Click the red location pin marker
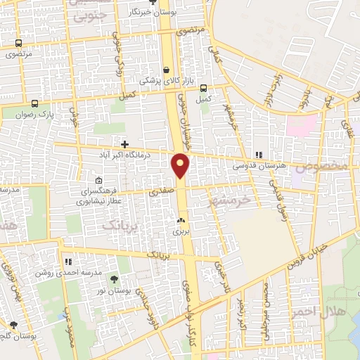181,165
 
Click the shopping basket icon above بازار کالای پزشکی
166,70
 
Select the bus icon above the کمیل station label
203,89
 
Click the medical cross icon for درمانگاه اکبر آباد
124,143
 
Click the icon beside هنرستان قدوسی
259,155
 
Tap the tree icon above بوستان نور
115,281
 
